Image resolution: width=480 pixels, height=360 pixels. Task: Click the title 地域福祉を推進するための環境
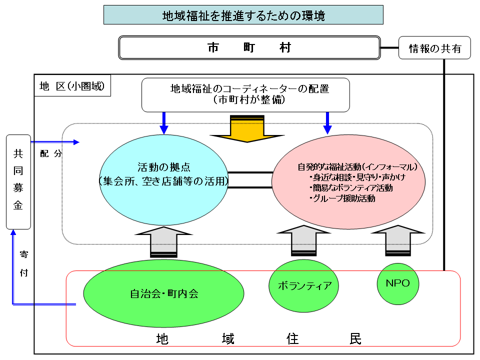[243, 15]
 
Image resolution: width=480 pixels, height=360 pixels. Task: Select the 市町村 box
[249, 48]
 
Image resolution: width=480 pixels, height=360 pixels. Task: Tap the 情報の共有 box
[434, 48]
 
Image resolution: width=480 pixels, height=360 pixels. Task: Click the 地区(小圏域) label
[72, 86]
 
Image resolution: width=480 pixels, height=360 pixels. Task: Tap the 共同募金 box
[18, 181]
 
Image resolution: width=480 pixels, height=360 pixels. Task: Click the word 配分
[50, 154]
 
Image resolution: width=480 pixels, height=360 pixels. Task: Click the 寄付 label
[24, 263]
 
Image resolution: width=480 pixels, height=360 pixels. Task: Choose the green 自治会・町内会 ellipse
[163, 293]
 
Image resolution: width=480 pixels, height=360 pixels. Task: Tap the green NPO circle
[397, 283]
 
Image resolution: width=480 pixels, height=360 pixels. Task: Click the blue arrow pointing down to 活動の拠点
[164, 122]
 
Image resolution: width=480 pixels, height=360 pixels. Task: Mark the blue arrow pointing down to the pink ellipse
[327, 122]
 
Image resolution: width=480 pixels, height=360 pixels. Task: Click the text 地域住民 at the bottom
[258, 338]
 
